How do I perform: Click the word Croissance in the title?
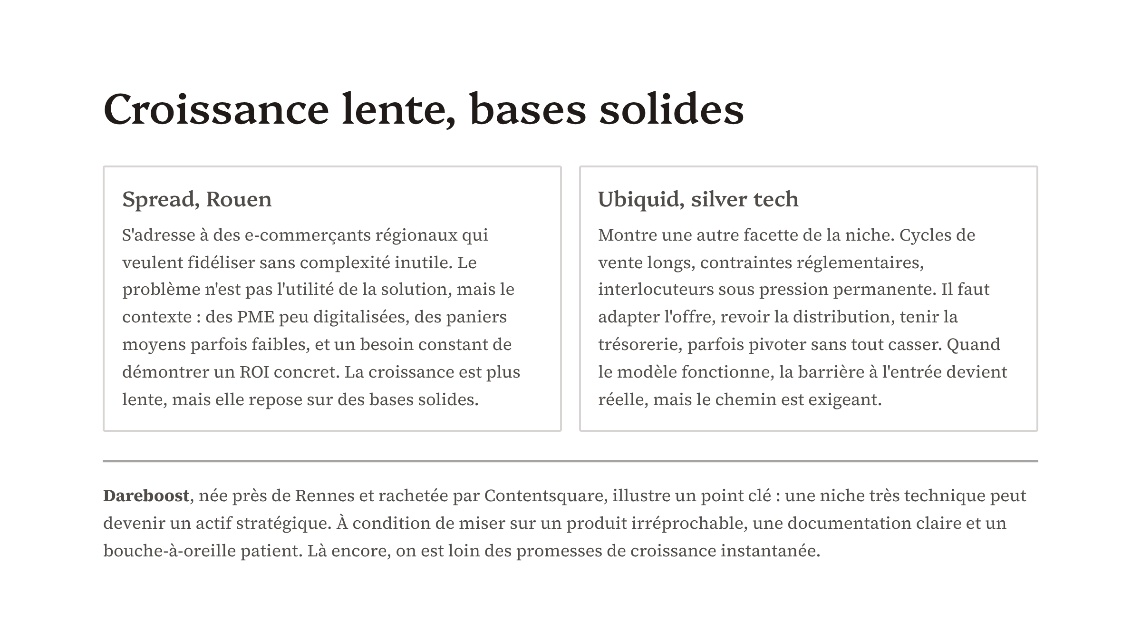pos(216,109)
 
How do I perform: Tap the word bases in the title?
pos(528,109)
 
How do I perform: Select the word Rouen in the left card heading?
pos(239,199)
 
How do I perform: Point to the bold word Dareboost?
pos(146,496)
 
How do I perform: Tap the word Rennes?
pos(325,496)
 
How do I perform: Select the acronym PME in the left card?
pos(256,317)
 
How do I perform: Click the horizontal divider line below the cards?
pos(570,460)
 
